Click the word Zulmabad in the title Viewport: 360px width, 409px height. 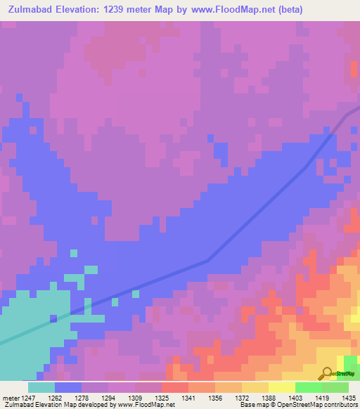pos(32,9)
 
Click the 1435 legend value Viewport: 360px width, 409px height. pos(349,397)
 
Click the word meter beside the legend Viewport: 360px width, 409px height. pos(11,397)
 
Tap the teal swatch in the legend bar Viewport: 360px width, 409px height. pos(41,387)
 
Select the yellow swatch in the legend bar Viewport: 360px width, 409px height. pos(282,387)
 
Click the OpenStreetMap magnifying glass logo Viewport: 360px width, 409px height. pos(327,374)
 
